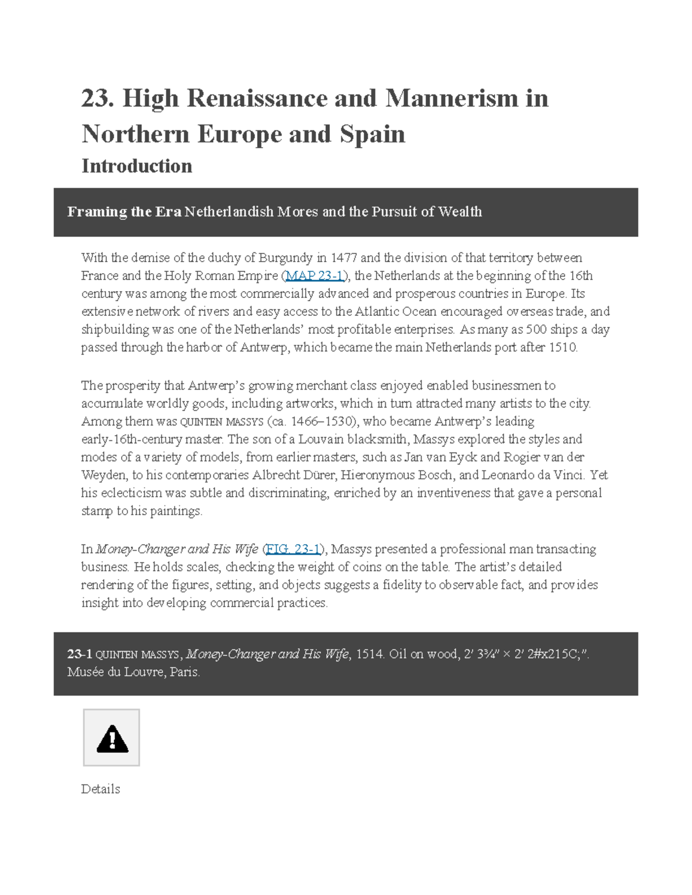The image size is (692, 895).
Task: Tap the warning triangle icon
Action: pos(112,738)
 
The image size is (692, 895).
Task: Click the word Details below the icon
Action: pos(100,789)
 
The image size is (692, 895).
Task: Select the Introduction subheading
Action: pos(137,166)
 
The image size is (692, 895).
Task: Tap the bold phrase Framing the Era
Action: pos(124,212)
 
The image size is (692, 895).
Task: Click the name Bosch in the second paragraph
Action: pos(434,475)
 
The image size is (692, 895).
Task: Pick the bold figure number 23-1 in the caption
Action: pos(80,654)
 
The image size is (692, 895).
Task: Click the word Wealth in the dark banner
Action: pos(460,212)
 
